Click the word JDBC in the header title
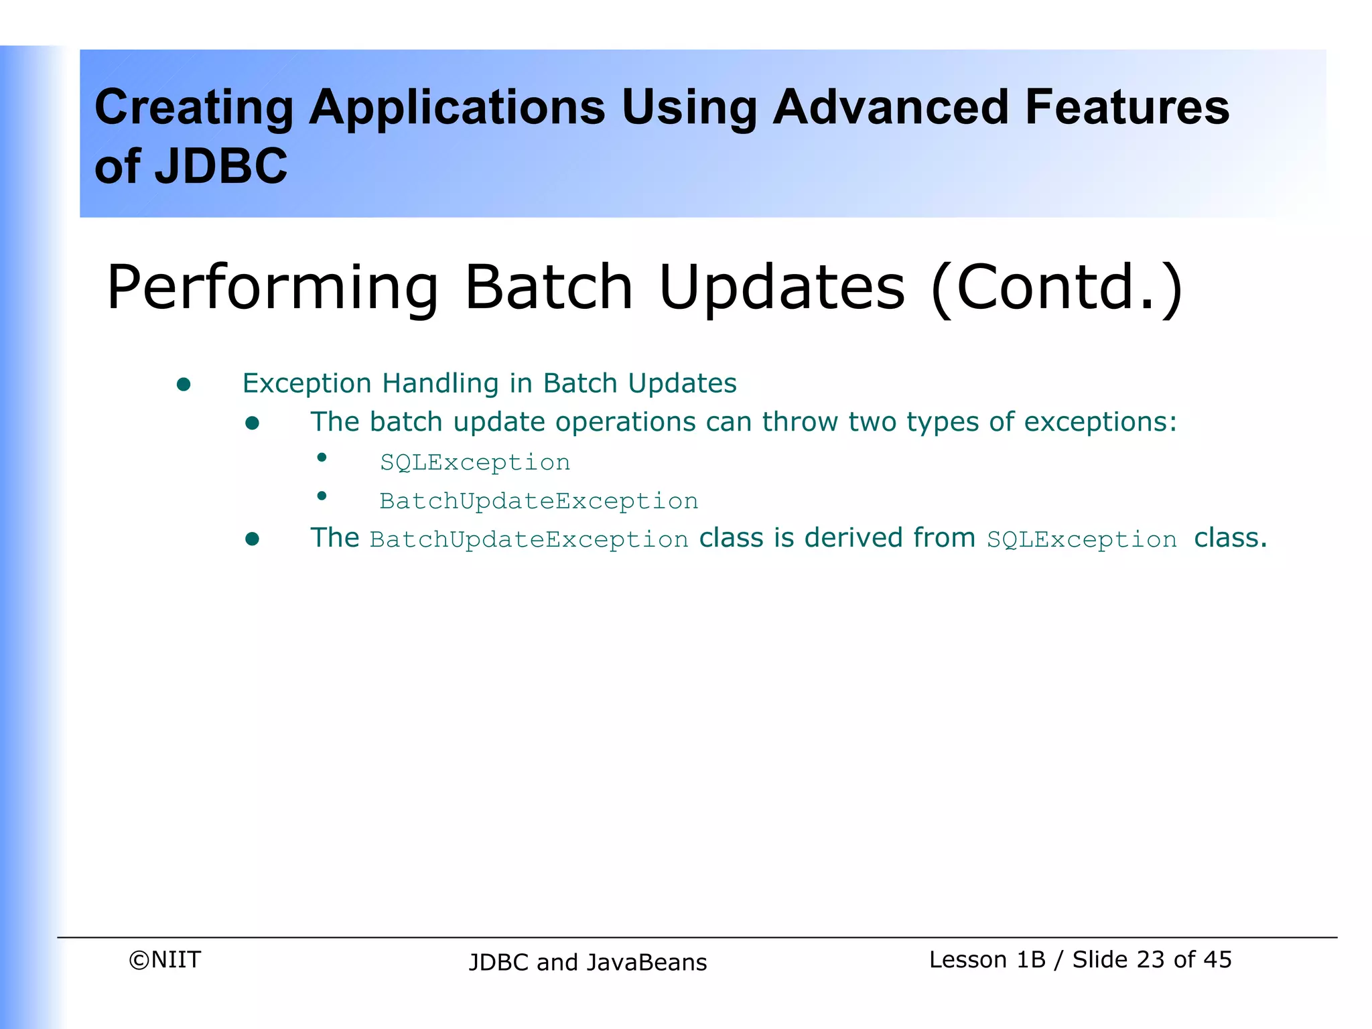point(221,166)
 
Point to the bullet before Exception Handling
point(184,385)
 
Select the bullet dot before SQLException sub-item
point(322,458)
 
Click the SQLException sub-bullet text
point(475,462)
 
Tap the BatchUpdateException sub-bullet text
point(539,501)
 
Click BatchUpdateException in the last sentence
point(529,540)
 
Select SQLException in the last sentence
point(1081,540)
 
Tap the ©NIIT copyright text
point(165,959)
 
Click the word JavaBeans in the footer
point(647,962)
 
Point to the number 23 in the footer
point(1151,959)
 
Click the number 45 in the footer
point(1217,959)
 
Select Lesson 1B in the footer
point(987,959)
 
